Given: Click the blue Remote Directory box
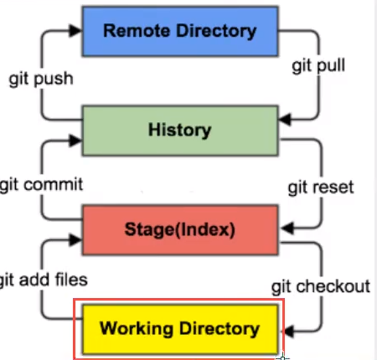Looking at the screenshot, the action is pos(180,31).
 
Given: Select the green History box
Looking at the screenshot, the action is pos(180,131).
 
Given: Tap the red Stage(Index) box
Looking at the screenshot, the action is pos(180,229).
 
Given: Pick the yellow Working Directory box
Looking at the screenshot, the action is pos(180,329).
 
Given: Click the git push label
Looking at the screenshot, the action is pos(41,79).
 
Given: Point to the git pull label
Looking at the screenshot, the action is pos(318,66).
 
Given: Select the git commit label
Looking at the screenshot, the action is pos(41,185).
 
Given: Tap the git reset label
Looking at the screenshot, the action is pos(321,188).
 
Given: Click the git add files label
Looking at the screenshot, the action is pos(44,280).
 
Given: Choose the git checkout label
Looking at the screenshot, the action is pos(321,286).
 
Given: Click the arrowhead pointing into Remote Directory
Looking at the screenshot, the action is pos(75,31).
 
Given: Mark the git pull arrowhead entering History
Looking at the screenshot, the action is pos(285,120).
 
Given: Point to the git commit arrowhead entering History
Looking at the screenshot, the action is pos(75,141).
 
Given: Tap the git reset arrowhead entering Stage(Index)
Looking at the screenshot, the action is pos(287,228).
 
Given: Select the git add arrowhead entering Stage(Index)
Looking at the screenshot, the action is pos(75,239).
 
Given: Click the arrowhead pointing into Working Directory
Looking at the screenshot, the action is pos(288,332).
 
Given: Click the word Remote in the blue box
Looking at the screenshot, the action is pos(137,31).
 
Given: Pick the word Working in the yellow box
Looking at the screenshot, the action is pos(137,328).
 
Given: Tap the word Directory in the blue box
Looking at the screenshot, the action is pos(217,31).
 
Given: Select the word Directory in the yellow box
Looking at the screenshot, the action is pos(219,329).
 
